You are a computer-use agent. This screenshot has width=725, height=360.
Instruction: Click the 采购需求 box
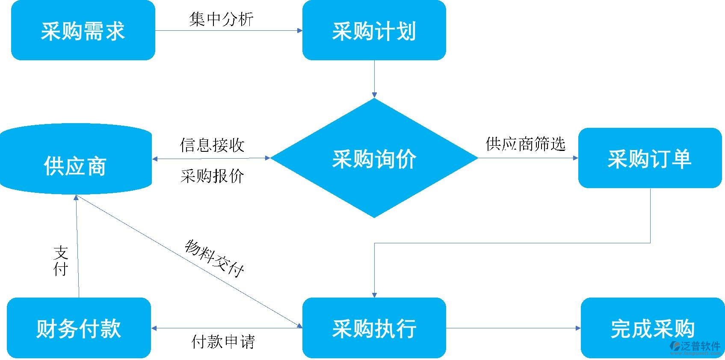83,30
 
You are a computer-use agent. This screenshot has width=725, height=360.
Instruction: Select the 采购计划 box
374,30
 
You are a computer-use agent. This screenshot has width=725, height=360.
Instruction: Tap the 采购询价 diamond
374,158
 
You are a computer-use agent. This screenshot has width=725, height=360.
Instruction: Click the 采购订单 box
649,158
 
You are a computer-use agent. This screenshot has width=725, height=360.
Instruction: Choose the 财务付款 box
79,328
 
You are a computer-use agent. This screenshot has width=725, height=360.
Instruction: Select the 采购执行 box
374,328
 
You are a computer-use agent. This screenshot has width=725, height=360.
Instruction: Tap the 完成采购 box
652,328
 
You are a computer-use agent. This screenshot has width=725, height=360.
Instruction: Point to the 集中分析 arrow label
221,19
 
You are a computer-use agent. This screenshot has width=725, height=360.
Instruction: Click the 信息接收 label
212,145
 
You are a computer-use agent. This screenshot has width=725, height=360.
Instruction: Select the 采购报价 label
212,176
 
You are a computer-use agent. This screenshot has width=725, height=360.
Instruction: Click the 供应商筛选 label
526,144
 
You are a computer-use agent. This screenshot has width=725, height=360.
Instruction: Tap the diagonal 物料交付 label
214,258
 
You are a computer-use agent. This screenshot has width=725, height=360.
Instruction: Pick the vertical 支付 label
61,261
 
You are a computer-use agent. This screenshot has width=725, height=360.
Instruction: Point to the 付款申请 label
223,342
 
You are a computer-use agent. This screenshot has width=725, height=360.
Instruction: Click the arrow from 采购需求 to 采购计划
228,31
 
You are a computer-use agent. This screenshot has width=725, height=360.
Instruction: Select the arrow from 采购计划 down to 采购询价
374,79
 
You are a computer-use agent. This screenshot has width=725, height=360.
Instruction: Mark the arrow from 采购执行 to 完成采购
513,328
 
